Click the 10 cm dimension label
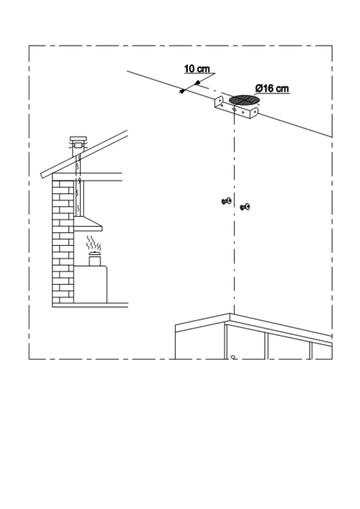coord(197,69)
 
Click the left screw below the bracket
coord(226,201)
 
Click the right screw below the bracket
coord(245,207)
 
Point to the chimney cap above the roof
coord(78,139)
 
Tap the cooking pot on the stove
coord(95,259)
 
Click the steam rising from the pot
coord(94,243)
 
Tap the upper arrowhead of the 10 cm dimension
coord(197,82)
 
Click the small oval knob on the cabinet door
coord(233,357)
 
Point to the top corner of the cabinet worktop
coord(230,314)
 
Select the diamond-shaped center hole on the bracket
coord(234,109)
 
